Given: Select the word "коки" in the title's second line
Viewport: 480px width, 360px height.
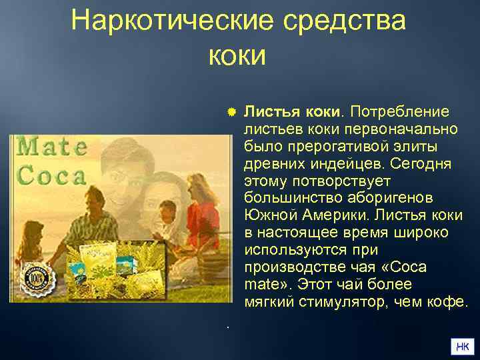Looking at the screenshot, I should [237, 55].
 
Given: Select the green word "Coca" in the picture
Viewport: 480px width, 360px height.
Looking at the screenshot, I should [52, 175].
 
